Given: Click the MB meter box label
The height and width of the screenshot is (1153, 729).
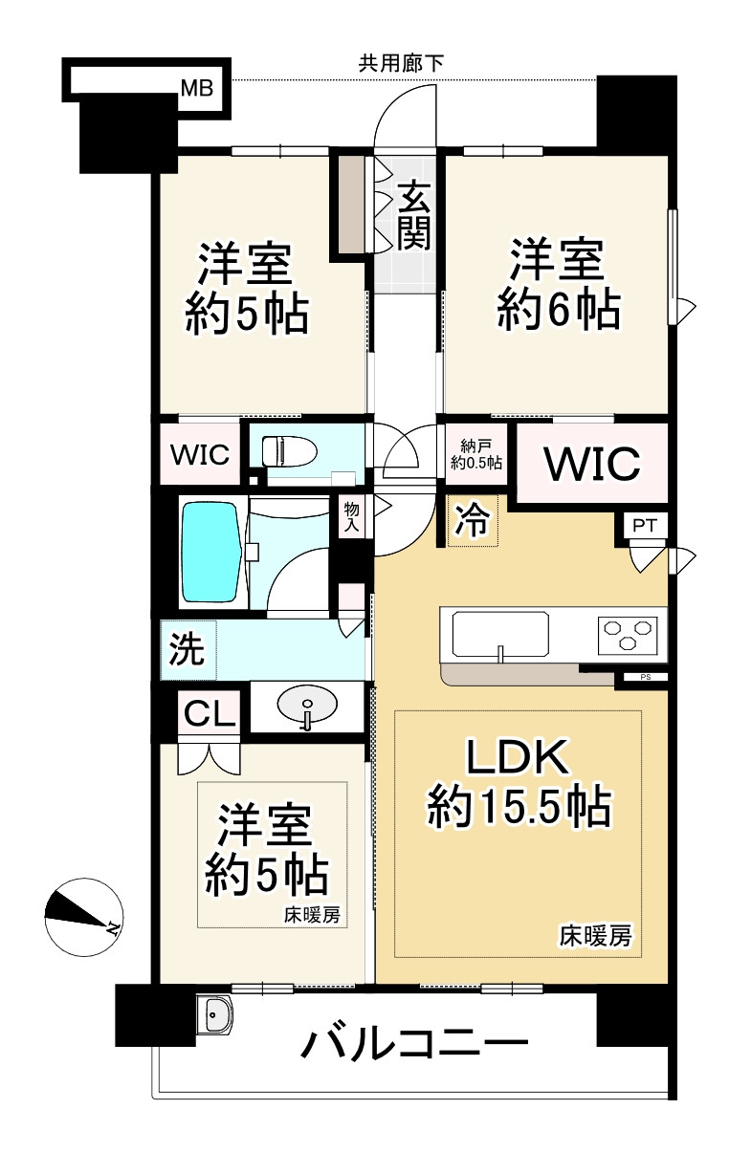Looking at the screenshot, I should click(x=197, y=90).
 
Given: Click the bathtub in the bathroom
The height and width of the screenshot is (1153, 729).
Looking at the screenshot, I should click(x=211, y=552).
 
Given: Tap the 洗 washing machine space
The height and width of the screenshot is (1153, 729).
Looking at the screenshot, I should click(x=188, y=650).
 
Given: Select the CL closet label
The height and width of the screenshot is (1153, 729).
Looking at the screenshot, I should click(x=210, y=714).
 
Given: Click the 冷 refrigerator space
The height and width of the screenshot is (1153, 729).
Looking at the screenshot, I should click(x=473, y=522).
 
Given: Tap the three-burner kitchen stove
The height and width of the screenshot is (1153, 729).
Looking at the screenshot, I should click(x=630, y=632).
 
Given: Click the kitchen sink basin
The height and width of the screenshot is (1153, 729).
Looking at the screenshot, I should click(x=500, y=633).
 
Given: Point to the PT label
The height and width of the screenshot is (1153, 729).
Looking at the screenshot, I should click(x=648, y=527).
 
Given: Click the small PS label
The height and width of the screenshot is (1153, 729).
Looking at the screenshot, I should click(x=645, y=678).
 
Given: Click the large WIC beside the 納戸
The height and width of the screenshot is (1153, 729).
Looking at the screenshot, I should click(x=591, y=464).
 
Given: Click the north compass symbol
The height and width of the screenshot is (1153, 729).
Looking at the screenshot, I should click(x=82, y=916).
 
